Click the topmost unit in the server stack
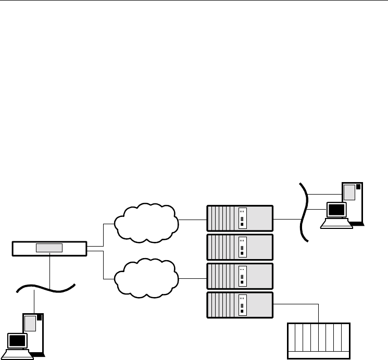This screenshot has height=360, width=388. tap(240, 218)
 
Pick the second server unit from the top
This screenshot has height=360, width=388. tap(240, 247)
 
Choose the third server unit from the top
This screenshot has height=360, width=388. tap(240, 276)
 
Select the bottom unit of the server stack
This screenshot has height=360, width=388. tap(240, 304)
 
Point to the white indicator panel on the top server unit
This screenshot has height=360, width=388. tap(242, 218)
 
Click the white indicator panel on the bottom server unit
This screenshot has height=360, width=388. tap(242, 304)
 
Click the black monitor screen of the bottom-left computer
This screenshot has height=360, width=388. tap(17, 341)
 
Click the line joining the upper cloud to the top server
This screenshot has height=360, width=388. tap(193, 220)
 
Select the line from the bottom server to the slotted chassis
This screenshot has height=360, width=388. tap(319, 312)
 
